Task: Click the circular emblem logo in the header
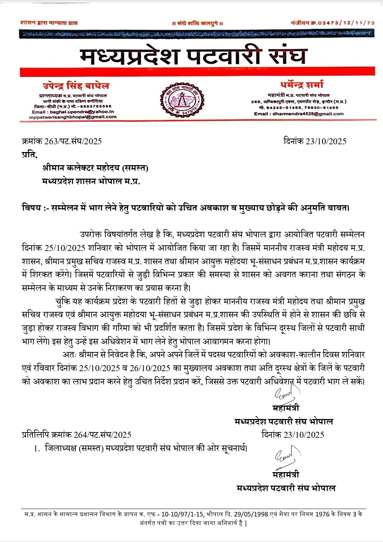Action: [181, 100]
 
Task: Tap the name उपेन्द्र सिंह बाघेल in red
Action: [76, 86]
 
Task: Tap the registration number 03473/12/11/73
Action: [346, 23]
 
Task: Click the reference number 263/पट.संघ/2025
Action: [73, 141]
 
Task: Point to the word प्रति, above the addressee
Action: [29, 155]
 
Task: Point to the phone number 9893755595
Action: [96, 106]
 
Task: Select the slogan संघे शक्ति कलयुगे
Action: [198, 23]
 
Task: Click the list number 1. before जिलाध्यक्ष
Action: [37, 448]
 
